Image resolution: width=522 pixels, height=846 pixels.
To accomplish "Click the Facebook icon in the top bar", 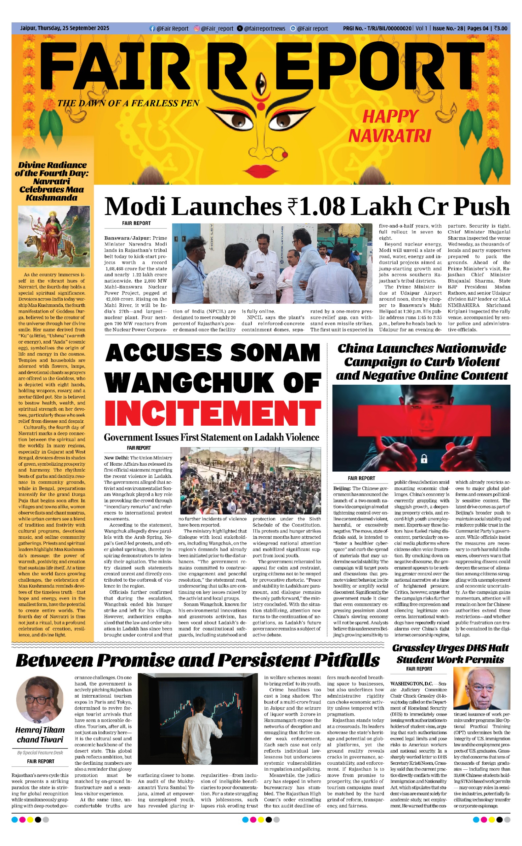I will click(x=152, y=29).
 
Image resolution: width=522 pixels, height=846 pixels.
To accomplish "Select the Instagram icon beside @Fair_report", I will click(x=197, y=29).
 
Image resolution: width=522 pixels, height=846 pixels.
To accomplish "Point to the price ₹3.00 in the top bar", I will click(x=500, y=28).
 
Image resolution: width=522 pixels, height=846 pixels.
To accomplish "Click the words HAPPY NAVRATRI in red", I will click(x=389, y=126).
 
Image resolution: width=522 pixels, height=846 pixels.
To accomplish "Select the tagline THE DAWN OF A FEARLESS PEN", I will click(x=128, y=103).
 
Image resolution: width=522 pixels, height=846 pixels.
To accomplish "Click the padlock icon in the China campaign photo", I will click(x=424, y=459).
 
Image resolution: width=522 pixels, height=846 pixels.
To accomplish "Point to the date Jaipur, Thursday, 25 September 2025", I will click(x=65, y=28).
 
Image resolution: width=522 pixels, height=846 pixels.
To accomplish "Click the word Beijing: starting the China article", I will click(x=342, y=488).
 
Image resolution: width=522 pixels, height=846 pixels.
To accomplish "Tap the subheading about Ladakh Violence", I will click(x=211, y=437).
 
